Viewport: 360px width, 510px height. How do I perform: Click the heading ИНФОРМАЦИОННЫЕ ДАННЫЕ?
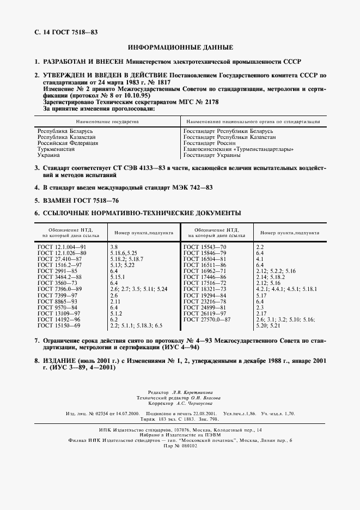point(180,47)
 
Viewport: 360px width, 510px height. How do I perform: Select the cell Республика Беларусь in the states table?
point(62,131)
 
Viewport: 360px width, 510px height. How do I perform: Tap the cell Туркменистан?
point(57,149)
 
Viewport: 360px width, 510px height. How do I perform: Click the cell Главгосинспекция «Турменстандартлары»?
point(239,149)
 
